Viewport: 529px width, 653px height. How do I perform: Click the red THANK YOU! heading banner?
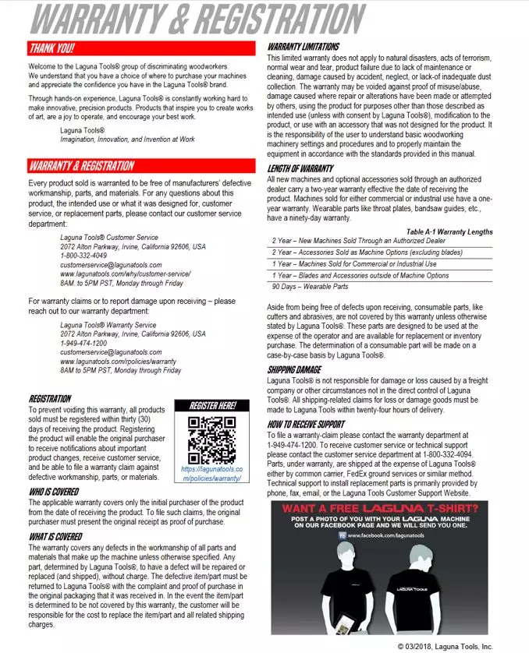click(x=140, y=48)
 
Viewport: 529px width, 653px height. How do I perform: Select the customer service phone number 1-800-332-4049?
click(x=83, y=256)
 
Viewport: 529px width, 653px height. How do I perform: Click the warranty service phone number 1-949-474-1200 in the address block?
click(x=83, y=343)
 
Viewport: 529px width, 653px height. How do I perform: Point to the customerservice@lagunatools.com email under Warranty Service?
click(x=111, y=352)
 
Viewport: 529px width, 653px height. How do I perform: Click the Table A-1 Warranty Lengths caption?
click(x=449, y=231)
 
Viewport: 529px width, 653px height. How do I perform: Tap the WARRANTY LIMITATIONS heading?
click(x=304, y=47)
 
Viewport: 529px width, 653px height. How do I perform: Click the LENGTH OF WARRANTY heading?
click(x=300, y=168)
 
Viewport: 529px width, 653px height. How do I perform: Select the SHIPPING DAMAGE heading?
click(x=294, y=369)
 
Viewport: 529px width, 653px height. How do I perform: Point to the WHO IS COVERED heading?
click(x=54, y=492)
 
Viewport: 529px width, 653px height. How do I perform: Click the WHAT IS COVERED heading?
click(x=55, y=536)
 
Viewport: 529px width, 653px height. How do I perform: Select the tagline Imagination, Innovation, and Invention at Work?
click(x=127, y=139)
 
